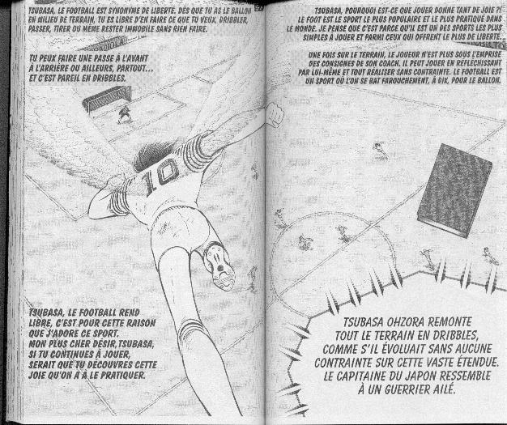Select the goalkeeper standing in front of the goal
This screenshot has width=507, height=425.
point(124,114)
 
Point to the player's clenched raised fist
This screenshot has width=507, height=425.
point(275,117)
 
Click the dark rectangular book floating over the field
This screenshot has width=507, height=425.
point(454,189)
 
